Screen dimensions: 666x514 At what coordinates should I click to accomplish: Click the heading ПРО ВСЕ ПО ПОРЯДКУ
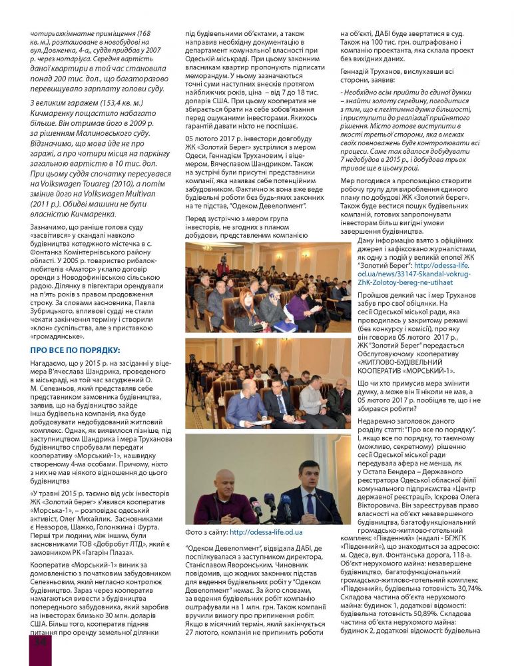[x=75, y=350]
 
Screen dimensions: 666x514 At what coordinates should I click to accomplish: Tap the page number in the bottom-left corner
[x=39, y=642]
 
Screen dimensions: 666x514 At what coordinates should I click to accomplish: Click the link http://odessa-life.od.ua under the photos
[x=266, y=532]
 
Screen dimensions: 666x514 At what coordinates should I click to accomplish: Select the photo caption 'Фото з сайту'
[x=206, y=532]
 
